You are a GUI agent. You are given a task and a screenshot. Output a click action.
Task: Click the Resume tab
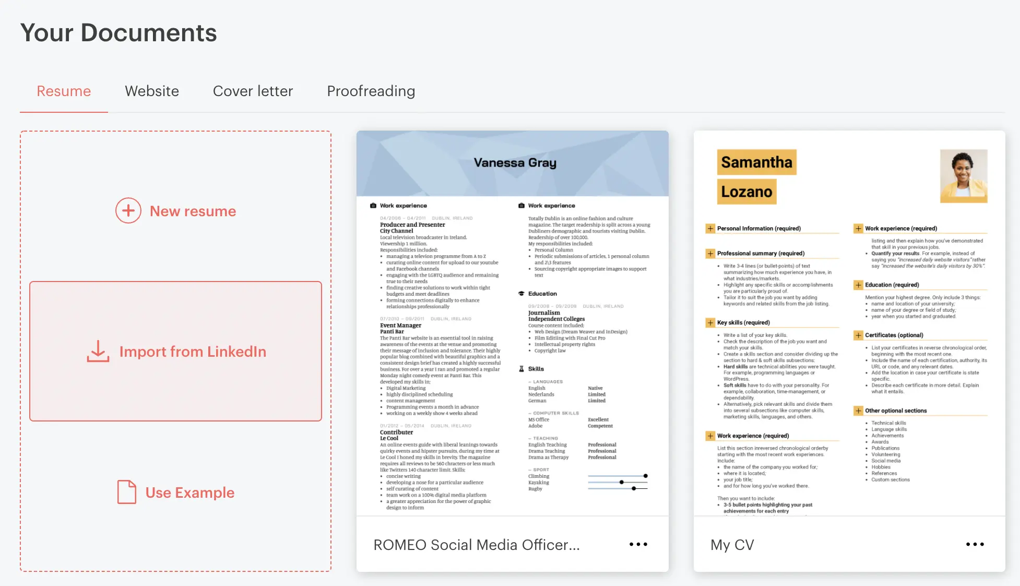64,91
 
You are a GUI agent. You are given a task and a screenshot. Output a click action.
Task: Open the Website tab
152,91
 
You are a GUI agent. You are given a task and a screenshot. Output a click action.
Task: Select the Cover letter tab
253,91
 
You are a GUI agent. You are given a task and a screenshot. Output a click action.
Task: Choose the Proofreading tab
371,91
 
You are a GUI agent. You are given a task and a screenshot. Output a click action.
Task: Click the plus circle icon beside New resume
128,210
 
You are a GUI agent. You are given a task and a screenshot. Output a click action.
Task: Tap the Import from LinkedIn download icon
98,351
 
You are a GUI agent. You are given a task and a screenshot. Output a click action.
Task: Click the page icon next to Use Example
127,492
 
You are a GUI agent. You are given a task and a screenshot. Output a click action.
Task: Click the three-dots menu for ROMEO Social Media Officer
638,544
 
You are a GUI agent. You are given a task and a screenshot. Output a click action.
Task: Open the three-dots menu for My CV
975,544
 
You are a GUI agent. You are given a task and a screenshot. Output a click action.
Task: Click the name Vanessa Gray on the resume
515,163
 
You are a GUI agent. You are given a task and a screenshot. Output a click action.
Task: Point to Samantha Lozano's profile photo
964,176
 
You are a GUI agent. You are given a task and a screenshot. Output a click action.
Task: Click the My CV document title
732,545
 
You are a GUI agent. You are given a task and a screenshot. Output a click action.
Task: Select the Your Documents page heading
118,33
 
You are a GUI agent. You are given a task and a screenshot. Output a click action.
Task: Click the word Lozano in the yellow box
746,192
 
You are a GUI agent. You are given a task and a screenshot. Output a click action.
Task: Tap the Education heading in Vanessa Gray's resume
542,294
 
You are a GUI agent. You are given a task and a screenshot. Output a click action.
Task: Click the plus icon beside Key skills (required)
710,323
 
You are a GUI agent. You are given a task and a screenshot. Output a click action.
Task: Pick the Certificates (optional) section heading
894,335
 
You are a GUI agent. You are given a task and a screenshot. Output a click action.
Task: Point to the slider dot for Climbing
646,476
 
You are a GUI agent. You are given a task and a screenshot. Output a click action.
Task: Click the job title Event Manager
400,325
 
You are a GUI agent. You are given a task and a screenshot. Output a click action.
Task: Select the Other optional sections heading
896,411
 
